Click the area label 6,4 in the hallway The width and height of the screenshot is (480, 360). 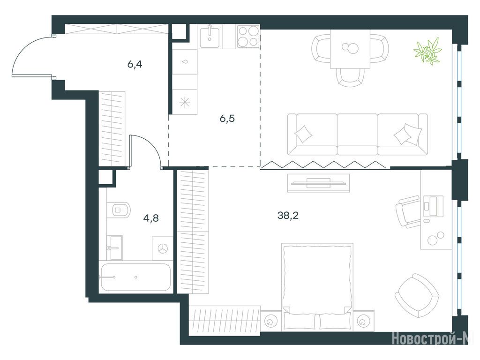pos(135,65)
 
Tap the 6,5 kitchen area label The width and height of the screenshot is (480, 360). pos(227,118)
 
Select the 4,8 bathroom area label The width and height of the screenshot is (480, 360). pos(151,218)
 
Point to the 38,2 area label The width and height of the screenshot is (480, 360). pos(288,216)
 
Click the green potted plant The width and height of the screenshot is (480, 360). pos(427,51)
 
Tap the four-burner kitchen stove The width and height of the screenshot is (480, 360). pos(248,37)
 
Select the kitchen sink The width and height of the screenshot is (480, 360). pos(210,37)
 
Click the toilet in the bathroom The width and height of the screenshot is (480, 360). pos(119,210)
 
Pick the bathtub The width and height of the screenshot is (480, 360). pos(135,277)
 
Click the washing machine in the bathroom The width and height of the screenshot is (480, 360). pos(163,248)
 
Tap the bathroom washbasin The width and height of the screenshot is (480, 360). pos(115,247)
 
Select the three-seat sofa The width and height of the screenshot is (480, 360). pos(357,134)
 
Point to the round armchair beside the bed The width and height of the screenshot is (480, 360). pos(417,296)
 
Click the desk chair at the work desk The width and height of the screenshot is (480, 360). pos(408,211)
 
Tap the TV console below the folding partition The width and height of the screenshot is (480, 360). pos(318,183)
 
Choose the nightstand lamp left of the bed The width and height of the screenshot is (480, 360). pos(270,322)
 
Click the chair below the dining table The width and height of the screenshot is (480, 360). pos(350,77)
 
